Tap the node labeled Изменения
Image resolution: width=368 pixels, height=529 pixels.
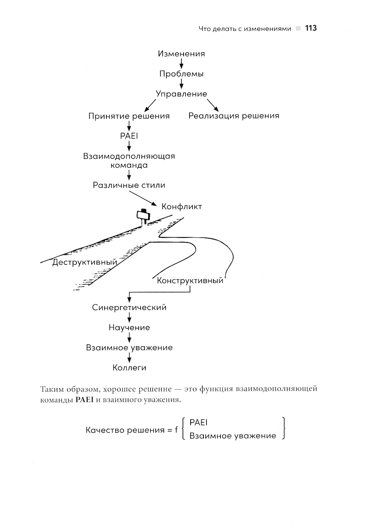point(181,54)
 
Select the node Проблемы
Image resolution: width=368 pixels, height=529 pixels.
point(181,74)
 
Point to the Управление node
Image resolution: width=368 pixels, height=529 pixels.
point(181,94)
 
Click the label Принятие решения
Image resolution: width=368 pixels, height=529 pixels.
point(129,116)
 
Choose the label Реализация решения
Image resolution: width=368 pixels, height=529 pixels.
point(234,116)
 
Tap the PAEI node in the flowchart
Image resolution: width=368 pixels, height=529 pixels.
point(129,136)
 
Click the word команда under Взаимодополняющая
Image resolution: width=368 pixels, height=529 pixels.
point(129,165)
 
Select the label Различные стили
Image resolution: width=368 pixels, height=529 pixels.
point(129,185)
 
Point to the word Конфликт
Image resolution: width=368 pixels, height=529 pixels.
point(182,206)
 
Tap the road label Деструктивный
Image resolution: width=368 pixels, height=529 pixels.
point(85,262)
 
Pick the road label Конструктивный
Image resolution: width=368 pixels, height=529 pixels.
point(190,281)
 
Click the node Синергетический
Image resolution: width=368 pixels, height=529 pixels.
point(129,308)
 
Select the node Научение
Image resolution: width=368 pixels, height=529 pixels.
point(129,327)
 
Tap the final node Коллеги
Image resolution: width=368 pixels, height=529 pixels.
point(129,368)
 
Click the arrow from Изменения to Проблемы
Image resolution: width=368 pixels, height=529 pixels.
point(181,64)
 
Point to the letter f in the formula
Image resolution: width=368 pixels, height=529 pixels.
point(177,430)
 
